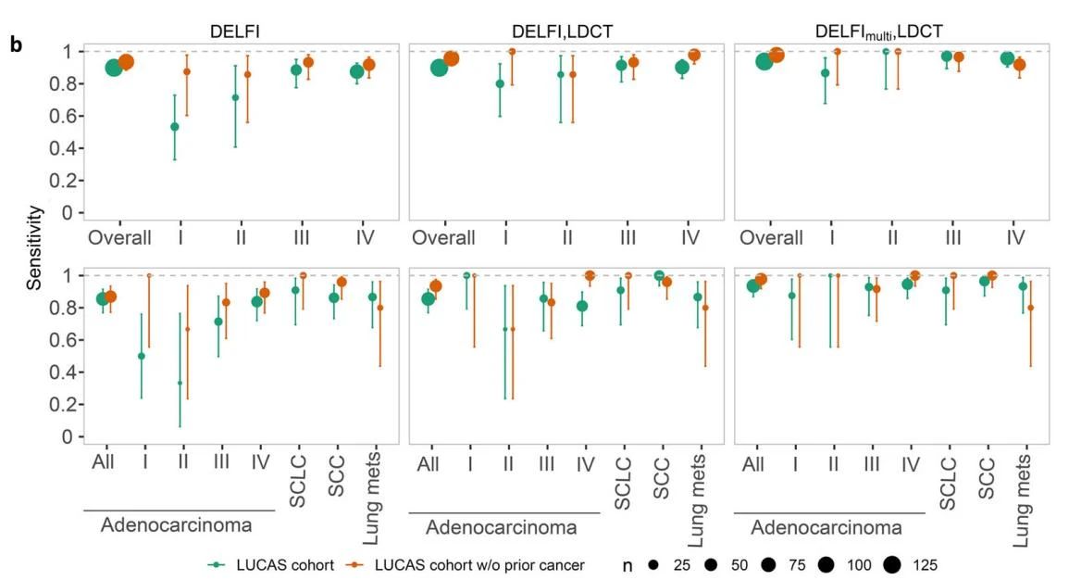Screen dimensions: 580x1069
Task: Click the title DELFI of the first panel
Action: (x=235, y=31)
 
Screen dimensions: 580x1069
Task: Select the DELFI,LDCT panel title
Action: (x=563, y=31)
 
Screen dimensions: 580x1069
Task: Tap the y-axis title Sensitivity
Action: (x=34, y=247)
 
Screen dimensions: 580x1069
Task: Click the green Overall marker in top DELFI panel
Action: (x=114, y=67)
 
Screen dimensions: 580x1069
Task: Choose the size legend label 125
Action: (x=926, y=564)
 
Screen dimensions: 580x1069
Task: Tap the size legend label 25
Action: (x=681, y=564)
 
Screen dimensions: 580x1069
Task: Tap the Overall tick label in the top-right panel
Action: (x=769, y=237)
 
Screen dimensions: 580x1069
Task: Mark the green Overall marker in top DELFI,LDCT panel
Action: (x=440, y=67)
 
